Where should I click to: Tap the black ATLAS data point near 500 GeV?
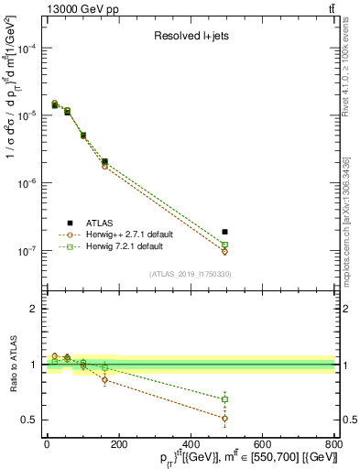click(225, 232)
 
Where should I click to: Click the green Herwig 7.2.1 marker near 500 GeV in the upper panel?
click(225, 245)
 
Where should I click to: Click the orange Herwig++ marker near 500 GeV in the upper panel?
click(225, 251)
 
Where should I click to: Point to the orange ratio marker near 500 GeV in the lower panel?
click(225, 418)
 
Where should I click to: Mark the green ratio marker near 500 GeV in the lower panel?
click(225, 399)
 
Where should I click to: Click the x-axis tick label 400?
click(190, 443)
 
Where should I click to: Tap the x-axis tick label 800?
click(333, 443)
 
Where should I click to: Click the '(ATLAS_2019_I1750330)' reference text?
click(189, 274)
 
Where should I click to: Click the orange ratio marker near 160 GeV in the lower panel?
click(104, 379)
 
